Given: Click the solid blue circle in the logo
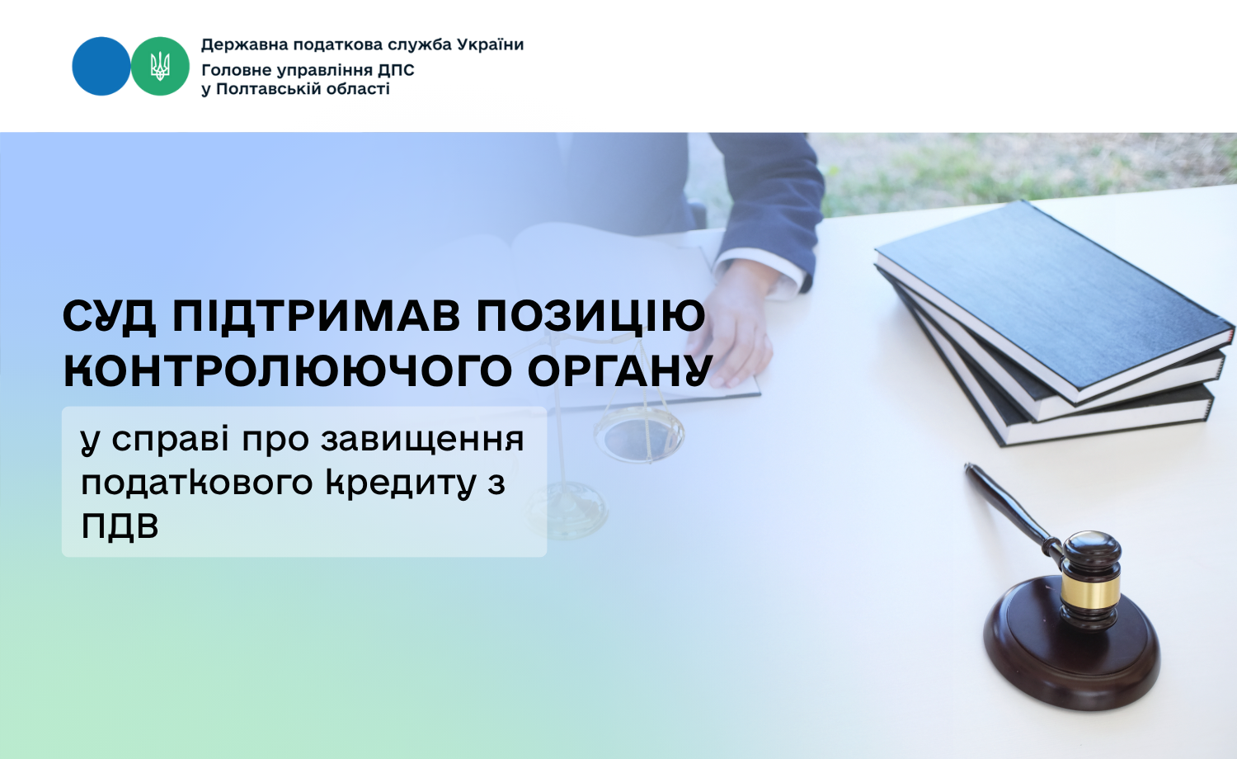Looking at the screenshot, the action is (x=101, y=66).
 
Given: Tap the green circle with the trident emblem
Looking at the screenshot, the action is (x=160, y=66).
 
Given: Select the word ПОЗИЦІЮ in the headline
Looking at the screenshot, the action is (x=591, y=317).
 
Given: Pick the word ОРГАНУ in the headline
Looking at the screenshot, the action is (x=620, y=370).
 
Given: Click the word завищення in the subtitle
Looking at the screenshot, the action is (x=422, y=441).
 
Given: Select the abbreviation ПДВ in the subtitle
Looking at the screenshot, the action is (x=120, y=526).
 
